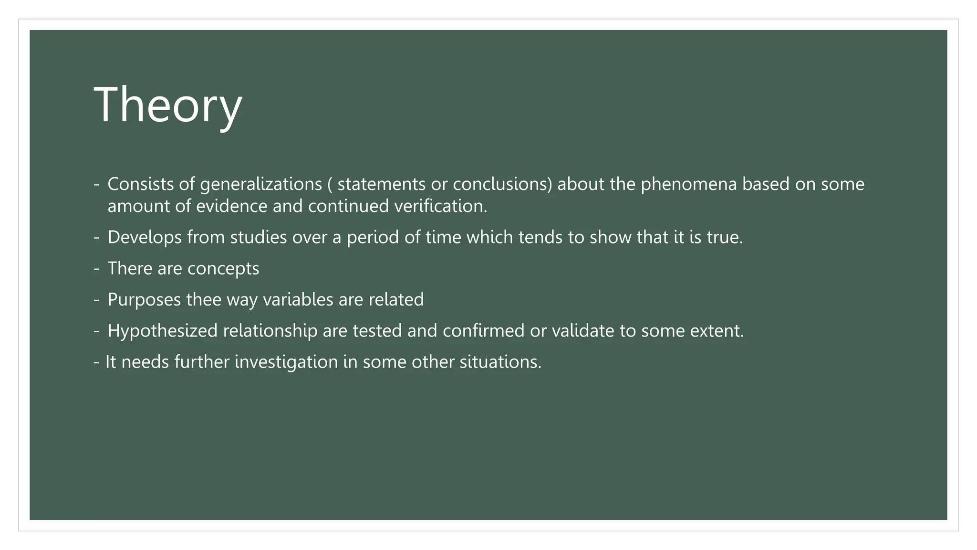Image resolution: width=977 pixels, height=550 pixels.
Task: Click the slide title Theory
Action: (168, 105)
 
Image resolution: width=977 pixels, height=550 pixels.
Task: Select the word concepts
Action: (223, 269)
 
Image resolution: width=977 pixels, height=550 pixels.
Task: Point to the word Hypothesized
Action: (163, 331)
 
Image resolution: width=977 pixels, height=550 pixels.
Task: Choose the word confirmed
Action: (483, 331)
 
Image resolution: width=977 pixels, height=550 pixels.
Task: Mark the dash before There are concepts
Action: (97, 269)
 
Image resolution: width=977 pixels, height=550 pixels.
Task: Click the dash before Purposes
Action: (97, 300)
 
